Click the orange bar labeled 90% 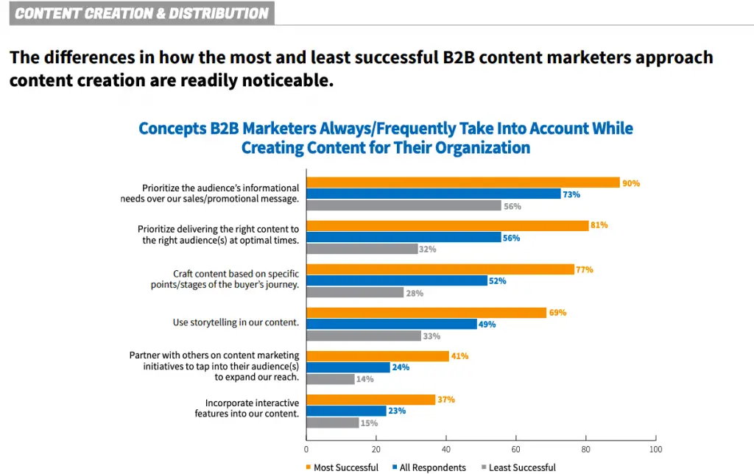click(x=463, y=183)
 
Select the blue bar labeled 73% click(x=434, y=194)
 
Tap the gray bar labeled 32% click(x=362, y=249)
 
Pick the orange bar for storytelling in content click(x=426, y=313)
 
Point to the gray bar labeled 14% click(x=331, y=379)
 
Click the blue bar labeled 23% click(x=346, y=411)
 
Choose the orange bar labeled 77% click(x=440, y=269)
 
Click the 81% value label click(x=599, y=225)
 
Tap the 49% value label click(x=487, y=325)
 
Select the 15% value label click(x=370, y=423)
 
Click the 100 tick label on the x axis click(x=655, y=449)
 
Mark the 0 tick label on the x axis click(x=306, y=449)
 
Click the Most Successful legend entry click(x=342, y=467)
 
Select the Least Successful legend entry click(x=518, y=467)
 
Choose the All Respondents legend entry click(x=429, y=467)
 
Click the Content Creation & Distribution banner click(x=142, y=13)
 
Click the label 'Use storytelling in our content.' click(x=236, y=322)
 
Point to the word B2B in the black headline click(x=458, y=57)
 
